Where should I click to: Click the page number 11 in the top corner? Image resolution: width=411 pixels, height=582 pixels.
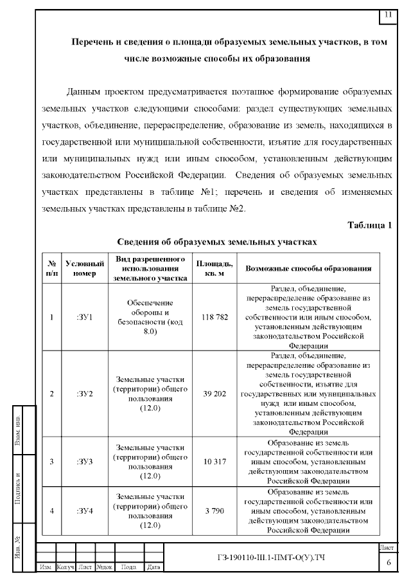[388, 14]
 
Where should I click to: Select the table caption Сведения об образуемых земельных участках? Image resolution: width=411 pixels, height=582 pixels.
[217, 242]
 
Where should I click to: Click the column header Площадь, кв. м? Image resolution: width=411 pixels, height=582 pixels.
[214, 268]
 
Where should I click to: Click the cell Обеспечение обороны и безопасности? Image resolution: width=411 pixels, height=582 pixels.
[150, 317]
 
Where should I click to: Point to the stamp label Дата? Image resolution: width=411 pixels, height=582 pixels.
[153, 567]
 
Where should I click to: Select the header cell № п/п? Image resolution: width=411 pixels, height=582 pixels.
[51, 268]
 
